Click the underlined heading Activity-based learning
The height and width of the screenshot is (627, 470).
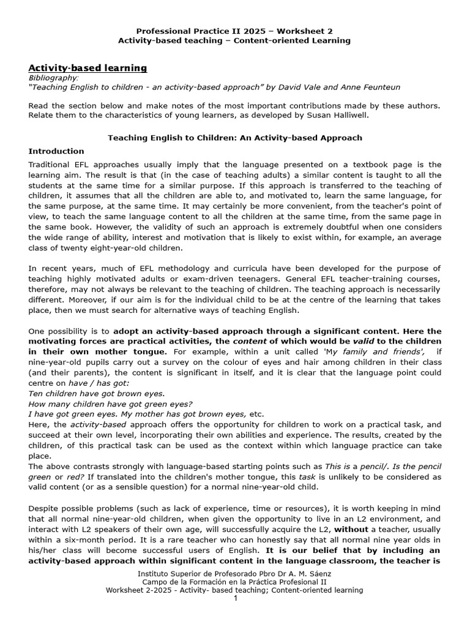point(88,67)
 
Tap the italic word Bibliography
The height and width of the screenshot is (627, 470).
point(54,78)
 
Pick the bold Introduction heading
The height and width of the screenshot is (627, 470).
point(56,151)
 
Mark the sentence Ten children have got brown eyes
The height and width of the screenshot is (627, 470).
point(97,393)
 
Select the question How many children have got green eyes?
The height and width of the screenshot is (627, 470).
point(111,404)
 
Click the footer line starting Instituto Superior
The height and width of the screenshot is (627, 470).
point(234,573)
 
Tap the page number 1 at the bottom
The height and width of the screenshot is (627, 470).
point(235,598)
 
